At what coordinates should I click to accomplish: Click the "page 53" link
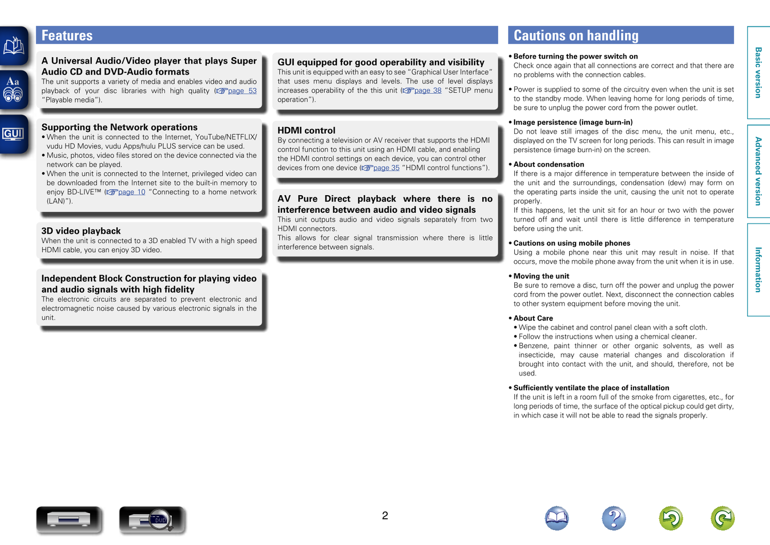(242, 91)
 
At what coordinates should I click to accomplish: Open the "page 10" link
(131, 192)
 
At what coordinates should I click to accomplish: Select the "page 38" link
(427, 90)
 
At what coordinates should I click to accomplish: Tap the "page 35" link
(386, 167)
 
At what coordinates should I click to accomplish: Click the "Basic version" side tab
(758, 73)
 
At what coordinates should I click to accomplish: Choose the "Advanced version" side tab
(758, 171)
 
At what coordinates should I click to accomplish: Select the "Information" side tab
(758, 269)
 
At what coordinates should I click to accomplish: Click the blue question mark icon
(613, 518)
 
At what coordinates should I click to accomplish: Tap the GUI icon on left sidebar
(13, 134)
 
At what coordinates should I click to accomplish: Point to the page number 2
(385, 516)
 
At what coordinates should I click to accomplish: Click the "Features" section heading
(67, 36)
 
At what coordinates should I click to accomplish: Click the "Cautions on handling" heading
(576, 36)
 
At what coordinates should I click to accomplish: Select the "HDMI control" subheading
(306, 131)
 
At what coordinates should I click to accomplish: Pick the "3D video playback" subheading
(81, 231)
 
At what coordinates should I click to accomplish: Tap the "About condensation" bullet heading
(548, 164)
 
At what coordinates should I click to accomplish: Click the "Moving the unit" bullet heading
(541, 276)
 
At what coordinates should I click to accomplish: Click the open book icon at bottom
(557, 518)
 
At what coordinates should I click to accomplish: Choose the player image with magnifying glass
(152, 519)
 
